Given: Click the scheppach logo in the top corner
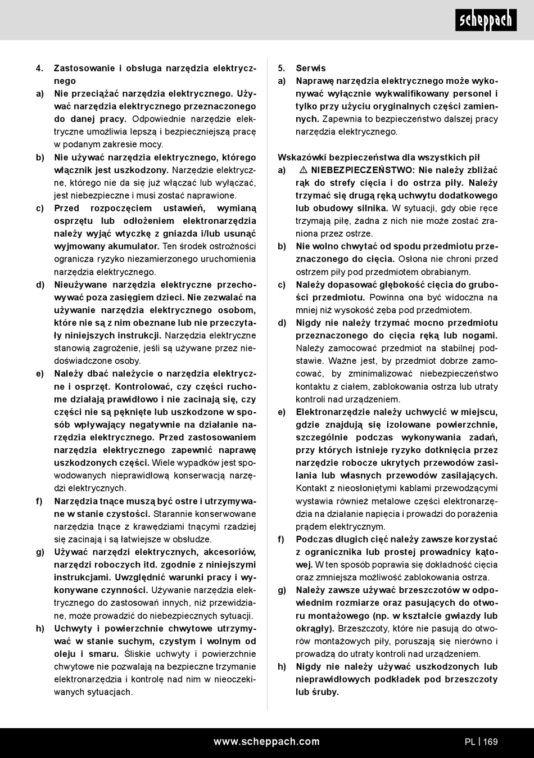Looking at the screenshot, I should click(x=486, y=20).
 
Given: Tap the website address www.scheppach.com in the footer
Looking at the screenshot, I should click(x=266, y=742).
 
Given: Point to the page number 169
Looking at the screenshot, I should click(x=490, y=742).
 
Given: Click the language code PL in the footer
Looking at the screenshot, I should click(x=470, y=742).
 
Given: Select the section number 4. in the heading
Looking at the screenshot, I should click(x=39, y=68).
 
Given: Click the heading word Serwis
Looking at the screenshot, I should click(x=311, y=68).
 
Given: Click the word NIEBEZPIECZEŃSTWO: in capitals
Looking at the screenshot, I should click(x=363, y=170).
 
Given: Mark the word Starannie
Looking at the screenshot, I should click(x=173, y=514).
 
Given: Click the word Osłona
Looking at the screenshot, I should click(x=413, y=259).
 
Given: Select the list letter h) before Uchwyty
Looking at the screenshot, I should click(x=40, y=629).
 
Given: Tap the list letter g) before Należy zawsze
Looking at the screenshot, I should click(x=282, y=590).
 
